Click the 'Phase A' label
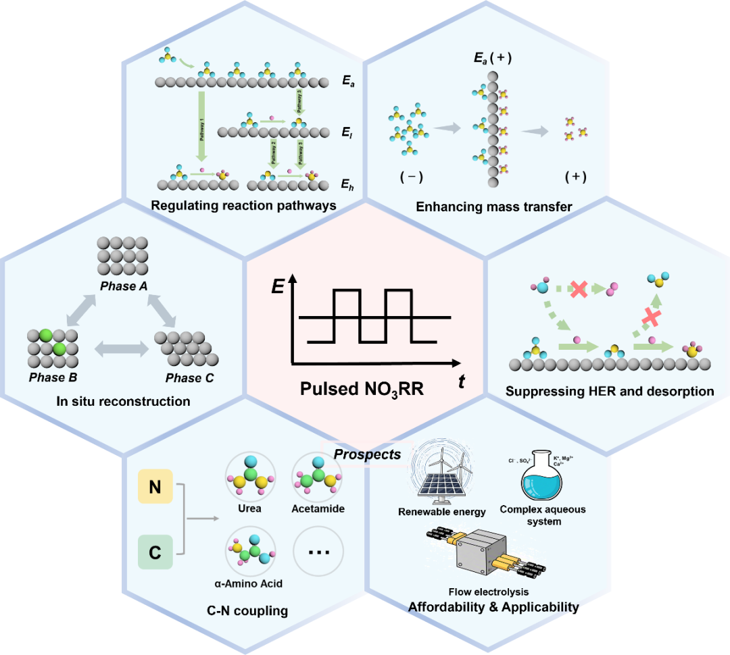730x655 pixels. coord(122,286)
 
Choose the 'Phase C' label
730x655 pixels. coord(190,377)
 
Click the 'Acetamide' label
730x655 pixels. coord(318,508)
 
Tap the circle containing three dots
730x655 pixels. coord(318,552)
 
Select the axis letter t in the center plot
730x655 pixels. coord(462,382)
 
